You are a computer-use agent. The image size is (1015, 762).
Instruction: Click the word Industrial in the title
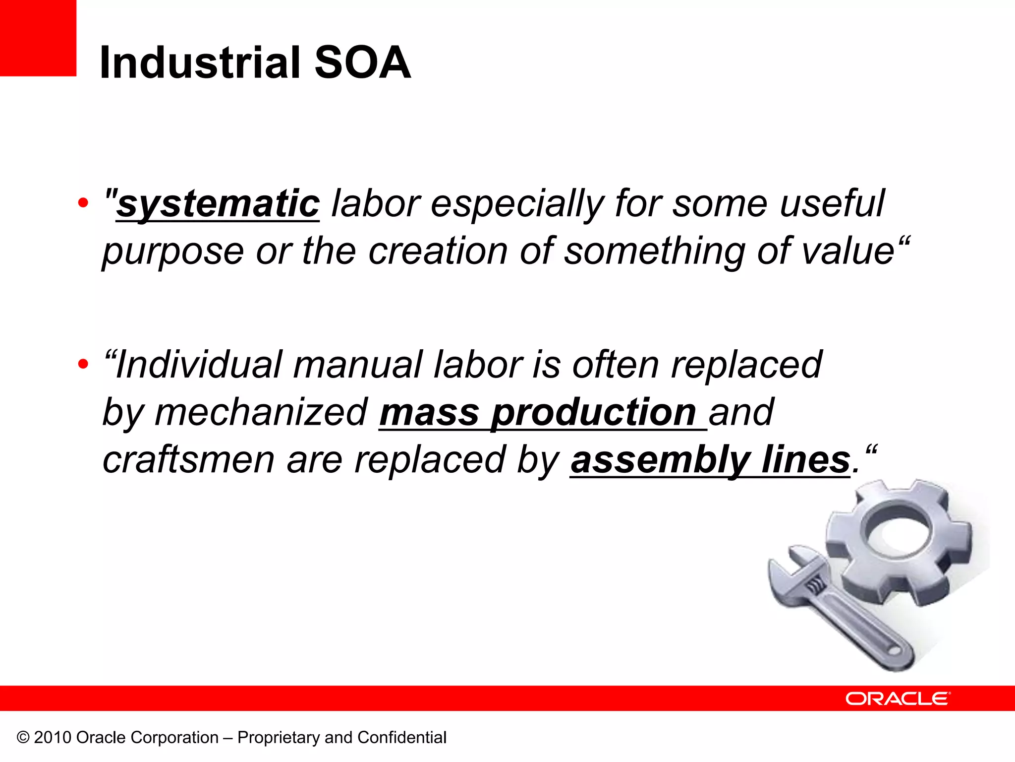[x=200, y=63]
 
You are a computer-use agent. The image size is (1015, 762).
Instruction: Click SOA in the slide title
[x=362, y=63]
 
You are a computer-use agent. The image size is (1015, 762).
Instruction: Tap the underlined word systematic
[x=218, y=204]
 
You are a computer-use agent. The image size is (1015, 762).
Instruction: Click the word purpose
[x=172, y=252]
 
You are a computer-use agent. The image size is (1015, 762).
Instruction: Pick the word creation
[x=438, y=251]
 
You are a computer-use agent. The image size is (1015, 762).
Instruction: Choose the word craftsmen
[x=188, y=460]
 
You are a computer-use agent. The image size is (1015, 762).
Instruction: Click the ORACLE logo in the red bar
[x=898, y=698]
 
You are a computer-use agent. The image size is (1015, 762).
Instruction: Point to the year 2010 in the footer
[x=53, y=738]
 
